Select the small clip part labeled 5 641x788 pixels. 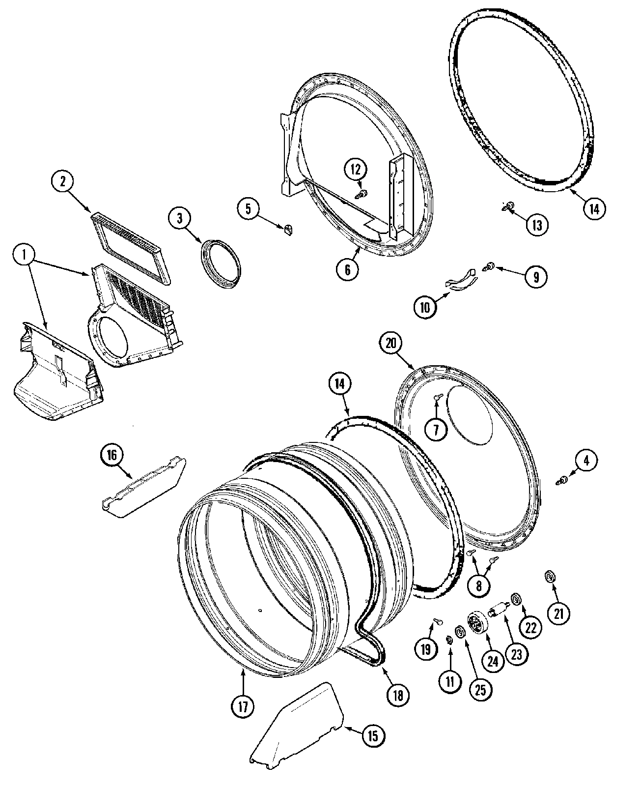click(288, 229)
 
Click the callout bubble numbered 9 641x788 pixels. click(535, 277)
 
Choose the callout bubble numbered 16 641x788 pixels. click(112, 455)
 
